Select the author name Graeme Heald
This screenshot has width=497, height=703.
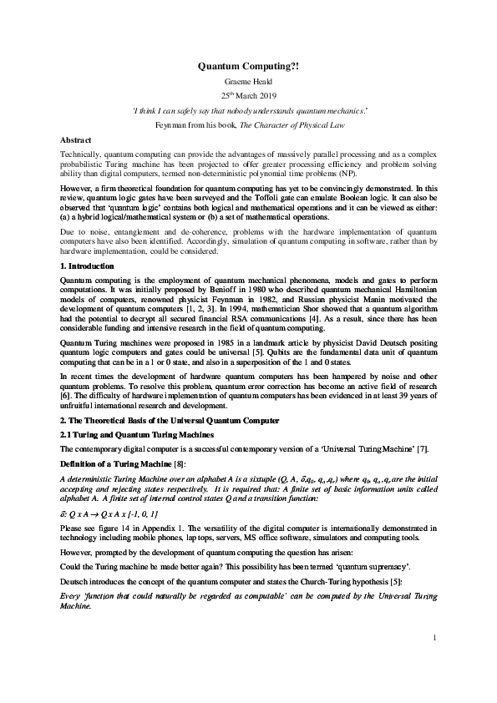pos(248,81)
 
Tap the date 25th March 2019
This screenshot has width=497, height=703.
pos(248,95)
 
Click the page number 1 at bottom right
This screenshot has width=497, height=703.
pos(435,661)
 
